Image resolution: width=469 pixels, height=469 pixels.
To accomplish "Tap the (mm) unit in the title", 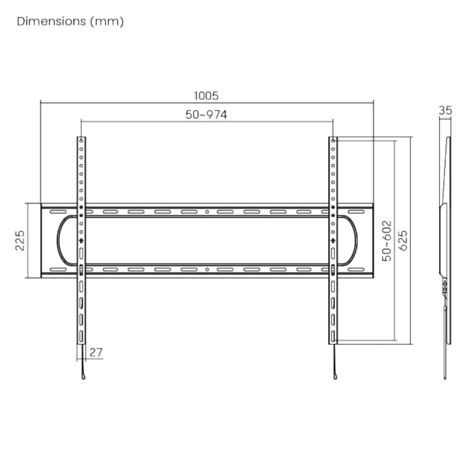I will pos(108,22).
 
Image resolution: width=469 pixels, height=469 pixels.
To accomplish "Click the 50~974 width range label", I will pos(206,115).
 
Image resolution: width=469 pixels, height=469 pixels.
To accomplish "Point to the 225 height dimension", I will pos(19,240).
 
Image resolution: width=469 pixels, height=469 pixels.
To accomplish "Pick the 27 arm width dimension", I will pos(96,352).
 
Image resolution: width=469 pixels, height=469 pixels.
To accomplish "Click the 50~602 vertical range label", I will pos(386,240).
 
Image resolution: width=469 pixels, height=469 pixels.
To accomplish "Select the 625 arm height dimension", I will pos(403,240).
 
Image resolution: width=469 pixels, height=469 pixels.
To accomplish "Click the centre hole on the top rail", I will pos(207,211).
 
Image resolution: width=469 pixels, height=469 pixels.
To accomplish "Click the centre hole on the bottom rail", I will pos(207,270).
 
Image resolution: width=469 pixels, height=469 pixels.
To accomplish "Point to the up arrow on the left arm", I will pos(81,240).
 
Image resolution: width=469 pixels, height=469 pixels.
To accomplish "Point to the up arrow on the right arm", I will pos(333,240).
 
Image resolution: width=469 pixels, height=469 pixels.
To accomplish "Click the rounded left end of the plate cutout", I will pos(57,240).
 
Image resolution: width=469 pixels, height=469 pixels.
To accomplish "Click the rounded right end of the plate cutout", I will pos(356,240).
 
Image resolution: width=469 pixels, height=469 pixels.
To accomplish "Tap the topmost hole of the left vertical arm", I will pos(81,141).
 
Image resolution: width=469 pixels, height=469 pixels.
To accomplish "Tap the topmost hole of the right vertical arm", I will pos(333,141).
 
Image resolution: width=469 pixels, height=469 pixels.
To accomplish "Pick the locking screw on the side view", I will pos(445,289).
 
